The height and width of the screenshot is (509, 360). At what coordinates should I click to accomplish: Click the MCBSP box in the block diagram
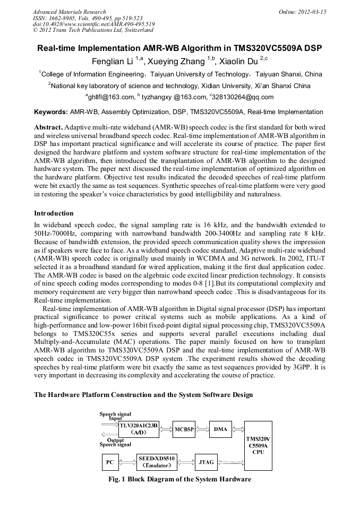tap(184, 429)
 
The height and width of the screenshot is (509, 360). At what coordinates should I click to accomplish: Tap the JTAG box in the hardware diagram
tap(205, 462)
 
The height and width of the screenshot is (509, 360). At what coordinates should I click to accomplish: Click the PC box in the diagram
tap(109, 462)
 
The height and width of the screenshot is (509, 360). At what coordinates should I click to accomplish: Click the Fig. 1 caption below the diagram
tap(179, 479)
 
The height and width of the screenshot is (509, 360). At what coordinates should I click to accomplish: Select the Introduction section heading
tap(54, 213)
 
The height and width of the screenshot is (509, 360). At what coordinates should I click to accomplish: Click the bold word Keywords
tap(50, 112)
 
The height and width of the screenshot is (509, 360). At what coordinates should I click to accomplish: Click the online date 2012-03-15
tap(312, 12)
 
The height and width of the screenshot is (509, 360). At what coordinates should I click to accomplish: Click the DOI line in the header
tap(93, 24)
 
